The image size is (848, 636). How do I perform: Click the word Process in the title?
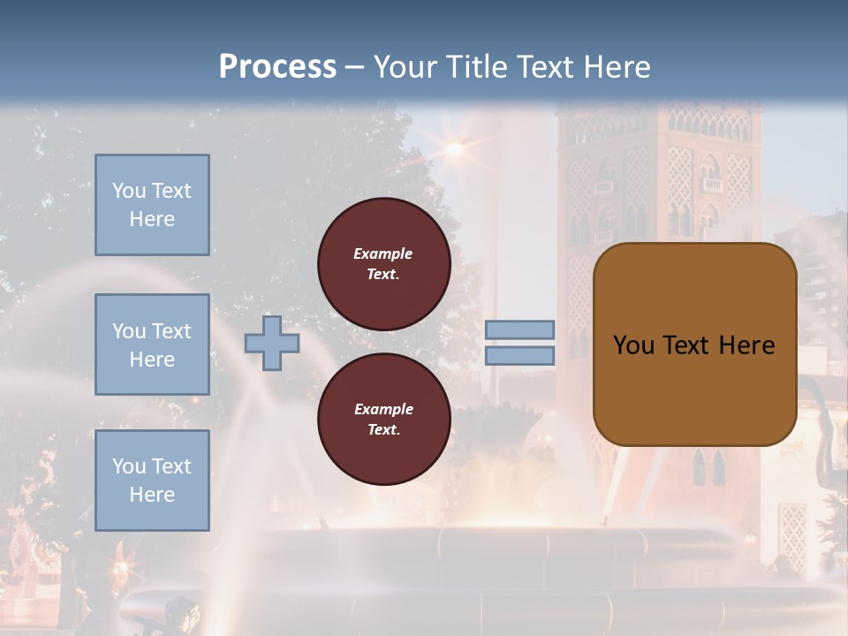pos(277,67)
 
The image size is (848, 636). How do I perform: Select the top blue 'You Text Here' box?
pos(152,205)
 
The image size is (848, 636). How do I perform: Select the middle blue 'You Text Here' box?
pos(152,344)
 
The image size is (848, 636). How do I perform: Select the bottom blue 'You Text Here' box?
pos(152,481)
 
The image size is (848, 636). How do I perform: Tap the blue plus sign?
pos(272,343)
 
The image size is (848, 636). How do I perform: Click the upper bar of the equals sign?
pos(520,329)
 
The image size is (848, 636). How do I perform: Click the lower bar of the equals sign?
pos(520,355)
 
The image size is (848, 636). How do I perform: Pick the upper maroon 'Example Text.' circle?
pos(384,264)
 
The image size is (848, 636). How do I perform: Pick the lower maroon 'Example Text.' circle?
pos(384,420)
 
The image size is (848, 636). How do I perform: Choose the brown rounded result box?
pos(694,344)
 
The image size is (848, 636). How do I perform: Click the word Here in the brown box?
pos(746,345)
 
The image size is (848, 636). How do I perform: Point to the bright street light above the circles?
pos(454,148)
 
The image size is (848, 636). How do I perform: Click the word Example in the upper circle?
pos(383,254)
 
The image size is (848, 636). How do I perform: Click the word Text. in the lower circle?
pos(383,430)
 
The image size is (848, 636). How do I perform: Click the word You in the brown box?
pos(632,345)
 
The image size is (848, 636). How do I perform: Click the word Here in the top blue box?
pos(152,219)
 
